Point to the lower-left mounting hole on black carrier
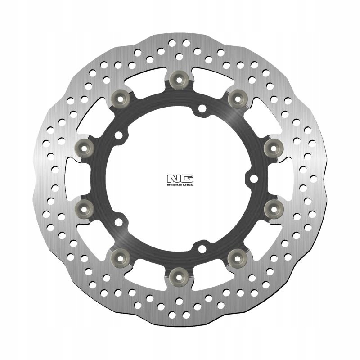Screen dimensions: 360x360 click(x=120, y=221)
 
